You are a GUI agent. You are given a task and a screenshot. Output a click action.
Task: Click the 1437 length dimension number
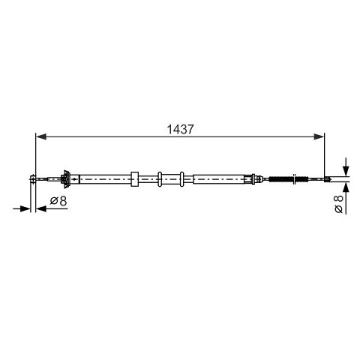[x=180, y=129]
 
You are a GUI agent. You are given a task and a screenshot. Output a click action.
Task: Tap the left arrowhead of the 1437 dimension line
[x=41, y=136]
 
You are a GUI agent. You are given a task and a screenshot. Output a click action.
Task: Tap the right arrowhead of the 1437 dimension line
[x=319, y=136]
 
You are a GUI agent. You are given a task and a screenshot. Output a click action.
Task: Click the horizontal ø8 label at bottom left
[x=58, y=201]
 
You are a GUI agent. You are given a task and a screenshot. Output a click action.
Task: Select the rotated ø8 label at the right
[x=338, y=204]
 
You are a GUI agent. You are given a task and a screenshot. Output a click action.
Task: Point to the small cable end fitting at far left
[x=32, y=179]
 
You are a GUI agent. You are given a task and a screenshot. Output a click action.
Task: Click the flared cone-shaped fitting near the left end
[x=66, y=179]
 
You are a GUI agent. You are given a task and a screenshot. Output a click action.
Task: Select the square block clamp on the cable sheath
[x=134, y=179]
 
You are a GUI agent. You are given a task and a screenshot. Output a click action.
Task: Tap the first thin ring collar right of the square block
[x=160, y=179]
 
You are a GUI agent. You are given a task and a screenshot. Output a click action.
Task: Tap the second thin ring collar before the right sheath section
[x=182, y=179]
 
